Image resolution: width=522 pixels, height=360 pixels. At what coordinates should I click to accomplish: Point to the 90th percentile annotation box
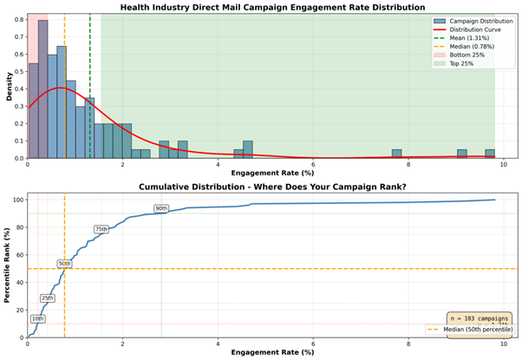tap(161, 209)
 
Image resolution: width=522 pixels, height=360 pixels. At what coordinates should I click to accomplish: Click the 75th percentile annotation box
tap(101, 230)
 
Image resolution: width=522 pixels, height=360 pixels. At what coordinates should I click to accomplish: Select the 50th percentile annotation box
tap(64, 264)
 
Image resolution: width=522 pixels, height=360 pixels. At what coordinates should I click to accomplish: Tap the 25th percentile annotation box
tap(47, 298)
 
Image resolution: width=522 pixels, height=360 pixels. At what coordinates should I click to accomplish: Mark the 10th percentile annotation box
tap(37, 319)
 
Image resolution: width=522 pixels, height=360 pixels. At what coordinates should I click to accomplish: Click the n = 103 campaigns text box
tap(479, 319)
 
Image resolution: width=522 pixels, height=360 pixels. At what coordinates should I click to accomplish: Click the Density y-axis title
tap(8, 86)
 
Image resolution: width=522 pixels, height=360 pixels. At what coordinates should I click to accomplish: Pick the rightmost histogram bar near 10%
tap(490, 154)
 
